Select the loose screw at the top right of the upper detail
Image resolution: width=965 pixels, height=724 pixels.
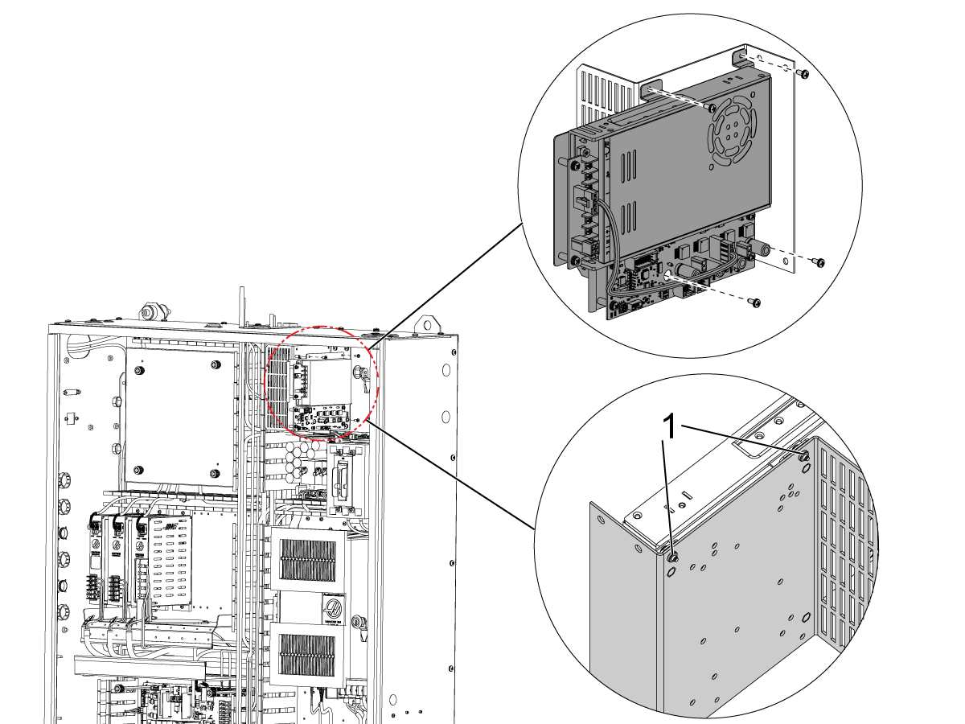pyautogui.click(x=803, y=73)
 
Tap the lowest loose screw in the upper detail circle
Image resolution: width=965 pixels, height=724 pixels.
pyautogui.click(x=755, y=302)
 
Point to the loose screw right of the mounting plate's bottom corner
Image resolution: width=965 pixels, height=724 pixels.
pyautogui.click(x=818, y=261)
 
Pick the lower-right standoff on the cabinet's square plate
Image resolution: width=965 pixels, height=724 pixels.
pyautogui.click(x=214, y=471)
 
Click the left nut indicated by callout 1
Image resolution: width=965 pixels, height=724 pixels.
pyautogui.click(x=672, y=557)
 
